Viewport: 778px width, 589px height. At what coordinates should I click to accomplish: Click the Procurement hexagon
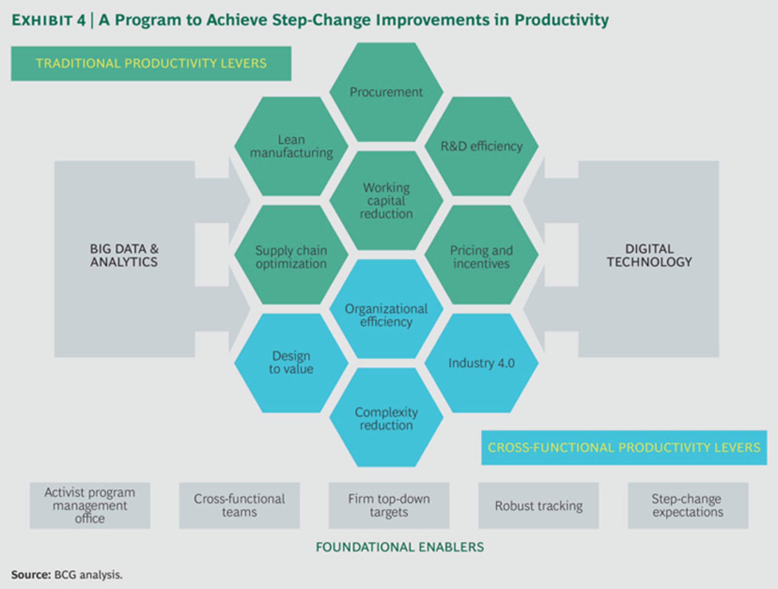pyautogui.click(x=386, y=92)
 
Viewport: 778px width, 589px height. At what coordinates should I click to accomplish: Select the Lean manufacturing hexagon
pyautogui.click(x=291, y=146)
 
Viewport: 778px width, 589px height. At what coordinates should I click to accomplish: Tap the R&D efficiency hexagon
pyautogui.click(x=482, y=146)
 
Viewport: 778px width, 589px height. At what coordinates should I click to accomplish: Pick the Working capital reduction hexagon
pyautogui.click(x=386, y=200)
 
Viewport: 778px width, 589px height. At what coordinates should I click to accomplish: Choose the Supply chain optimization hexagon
pyautogui.click(x=291, y=255)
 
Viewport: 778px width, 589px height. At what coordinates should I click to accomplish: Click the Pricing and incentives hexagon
pyautogui.click(x=482, y=255)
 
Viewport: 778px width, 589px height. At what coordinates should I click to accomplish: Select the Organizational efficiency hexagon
pyautogui.click(x=386, y=309)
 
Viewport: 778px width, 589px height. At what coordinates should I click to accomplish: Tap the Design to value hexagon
pyautogui.click(x=291, y=363)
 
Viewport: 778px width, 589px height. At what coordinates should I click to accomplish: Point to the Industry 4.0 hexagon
pyautogui.click(x=482, y=363)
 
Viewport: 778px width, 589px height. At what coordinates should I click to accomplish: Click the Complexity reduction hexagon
pyautogui.click(x=386, y=417)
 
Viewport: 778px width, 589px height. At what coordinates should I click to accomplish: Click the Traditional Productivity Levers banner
pyautogui.click(x=151, y=64)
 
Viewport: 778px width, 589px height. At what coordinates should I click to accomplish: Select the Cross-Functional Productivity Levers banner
pyautogui.click(x=624, y=448)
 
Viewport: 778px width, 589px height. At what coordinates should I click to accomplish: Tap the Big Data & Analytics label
pyautogui.click(x=124, y=255)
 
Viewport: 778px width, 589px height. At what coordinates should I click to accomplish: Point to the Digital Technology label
pyautogui.click(x=649, y=255)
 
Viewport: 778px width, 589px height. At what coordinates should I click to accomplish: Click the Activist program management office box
pyautogui.click(x=90, y=505)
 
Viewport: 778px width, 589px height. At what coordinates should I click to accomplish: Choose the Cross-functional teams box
pyautogui.click(x=240, y=505)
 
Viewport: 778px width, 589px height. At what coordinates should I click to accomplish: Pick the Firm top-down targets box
pyautogui.click(x=389, y=505)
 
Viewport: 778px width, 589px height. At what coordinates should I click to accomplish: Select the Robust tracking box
pyautogui.click(x=538, y=505)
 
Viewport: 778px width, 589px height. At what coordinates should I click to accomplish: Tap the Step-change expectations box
pyautogui.click(x=688, y=505)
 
